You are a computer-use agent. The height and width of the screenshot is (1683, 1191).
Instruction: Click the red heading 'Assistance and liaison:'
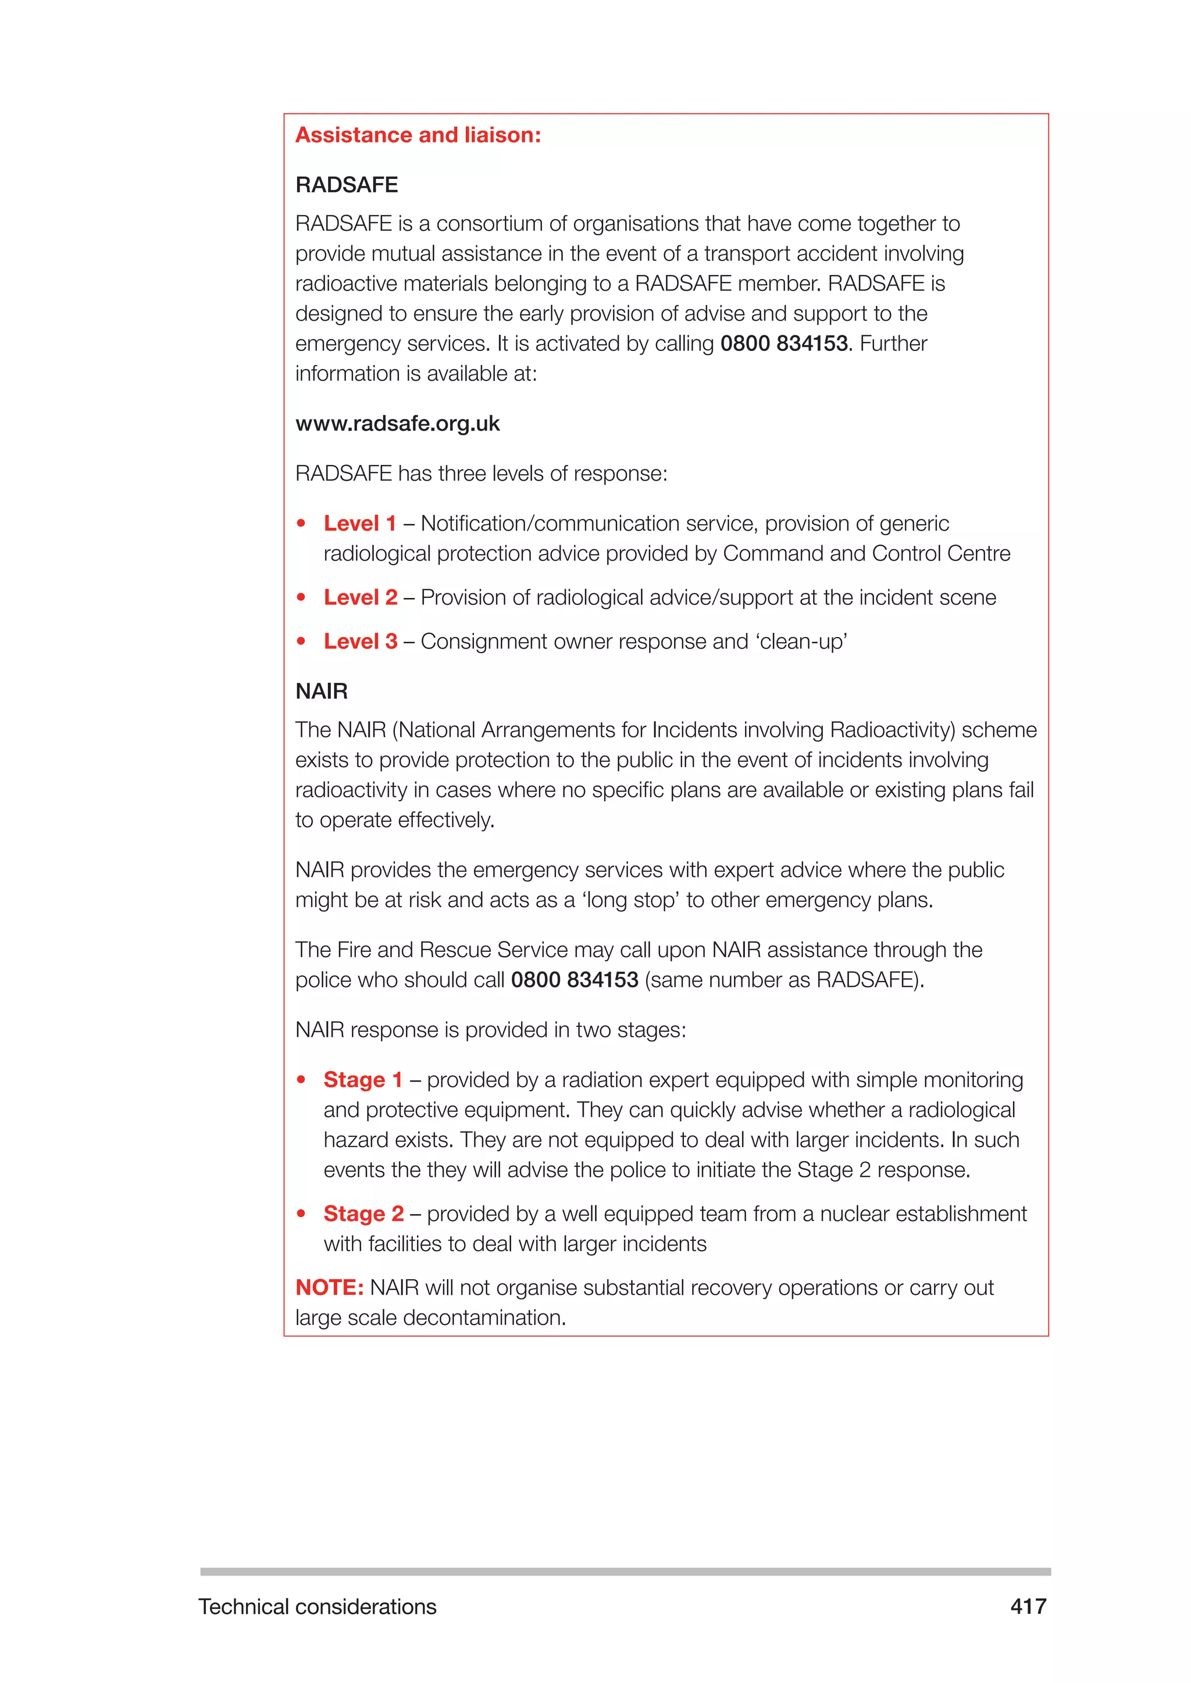(x=418, y=135)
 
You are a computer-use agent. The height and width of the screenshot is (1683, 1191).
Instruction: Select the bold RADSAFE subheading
(x=346, y=185)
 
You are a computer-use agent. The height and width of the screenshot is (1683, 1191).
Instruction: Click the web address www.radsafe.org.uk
(x=398, y=424)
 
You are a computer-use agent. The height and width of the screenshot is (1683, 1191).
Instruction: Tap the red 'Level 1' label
(x=359, y=524)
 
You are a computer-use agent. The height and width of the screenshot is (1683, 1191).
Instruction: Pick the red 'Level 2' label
(x=360, y=597)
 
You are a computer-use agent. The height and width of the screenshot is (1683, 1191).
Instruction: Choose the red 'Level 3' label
(x=360, y=642)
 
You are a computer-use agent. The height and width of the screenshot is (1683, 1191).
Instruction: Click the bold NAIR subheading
(x=321, y=691)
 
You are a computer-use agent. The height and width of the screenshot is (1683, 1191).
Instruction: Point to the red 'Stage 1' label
(x=363, y=1080)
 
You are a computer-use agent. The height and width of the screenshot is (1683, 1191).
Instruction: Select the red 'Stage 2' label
(x=363, y=1214)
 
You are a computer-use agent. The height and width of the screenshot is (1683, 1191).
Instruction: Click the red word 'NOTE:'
(x=329, y=1287)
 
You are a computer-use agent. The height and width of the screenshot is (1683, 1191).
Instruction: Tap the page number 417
(x=1028, y=1607)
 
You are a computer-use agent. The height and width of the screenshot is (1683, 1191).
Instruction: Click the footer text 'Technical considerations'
(x=318, y=1607)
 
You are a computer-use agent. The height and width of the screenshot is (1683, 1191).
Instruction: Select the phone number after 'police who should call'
(x=574, y=980)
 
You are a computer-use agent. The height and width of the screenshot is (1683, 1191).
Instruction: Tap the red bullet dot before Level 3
(x=301, y=642)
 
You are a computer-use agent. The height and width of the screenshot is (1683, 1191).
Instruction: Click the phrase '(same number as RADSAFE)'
(x=782, y=980)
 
